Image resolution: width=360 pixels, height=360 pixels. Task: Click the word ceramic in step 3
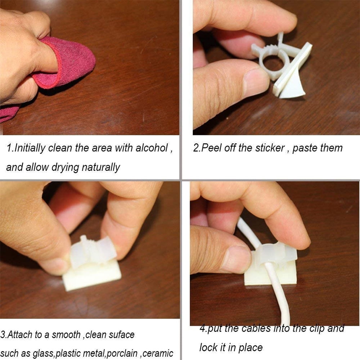point(158,353)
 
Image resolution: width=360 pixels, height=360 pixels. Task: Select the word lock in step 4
point(208,347)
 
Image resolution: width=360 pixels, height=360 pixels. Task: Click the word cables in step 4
point(258,328)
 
